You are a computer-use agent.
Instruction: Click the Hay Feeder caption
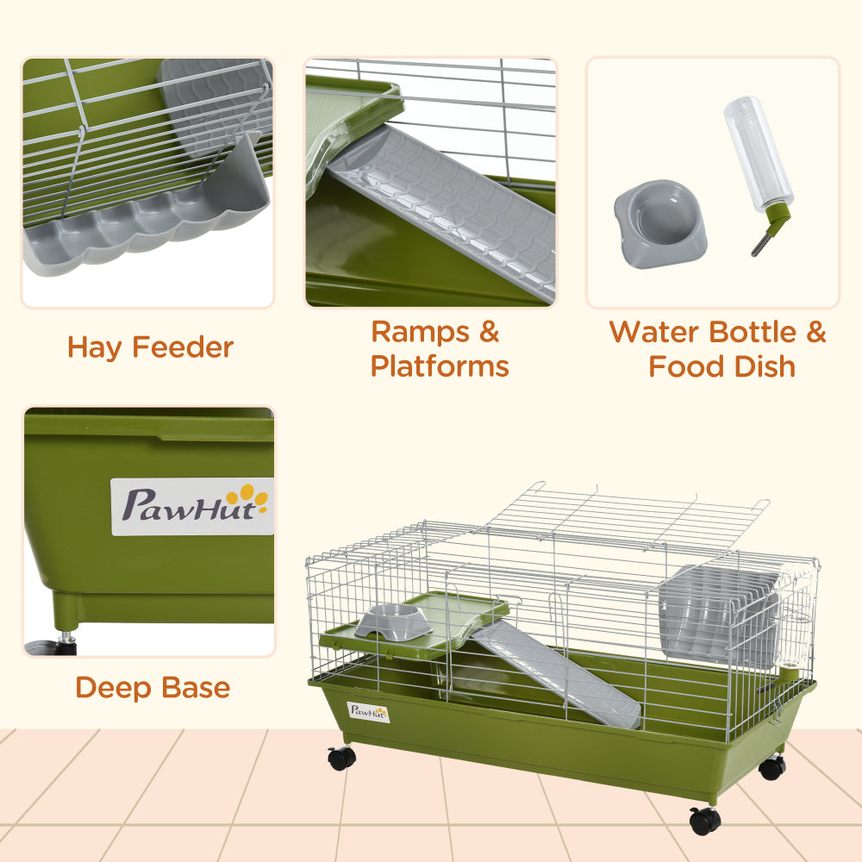pyautogui.click(x=150, y=347)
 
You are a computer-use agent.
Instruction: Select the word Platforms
pyautogui.click(x=440, y=366)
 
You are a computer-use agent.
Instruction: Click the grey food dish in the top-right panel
pyautogui.click(x=659, y=222)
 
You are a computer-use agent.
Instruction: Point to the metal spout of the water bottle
pyautogui.click(x=759, y=246)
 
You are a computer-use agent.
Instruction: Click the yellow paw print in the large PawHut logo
pyautogui.click(x=252, y=495)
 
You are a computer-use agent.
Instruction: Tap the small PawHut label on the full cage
pyautogui.click(x=368, y=712)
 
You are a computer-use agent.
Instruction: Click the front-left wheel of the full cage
pyautogui.click(x=341, y=758)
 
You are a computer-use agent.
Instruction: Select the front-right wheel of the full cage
pyautogui.click(x=704, y=820)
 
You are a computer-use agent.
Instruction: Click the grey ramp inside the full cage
pyautogui.click(x=556, y=672)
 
